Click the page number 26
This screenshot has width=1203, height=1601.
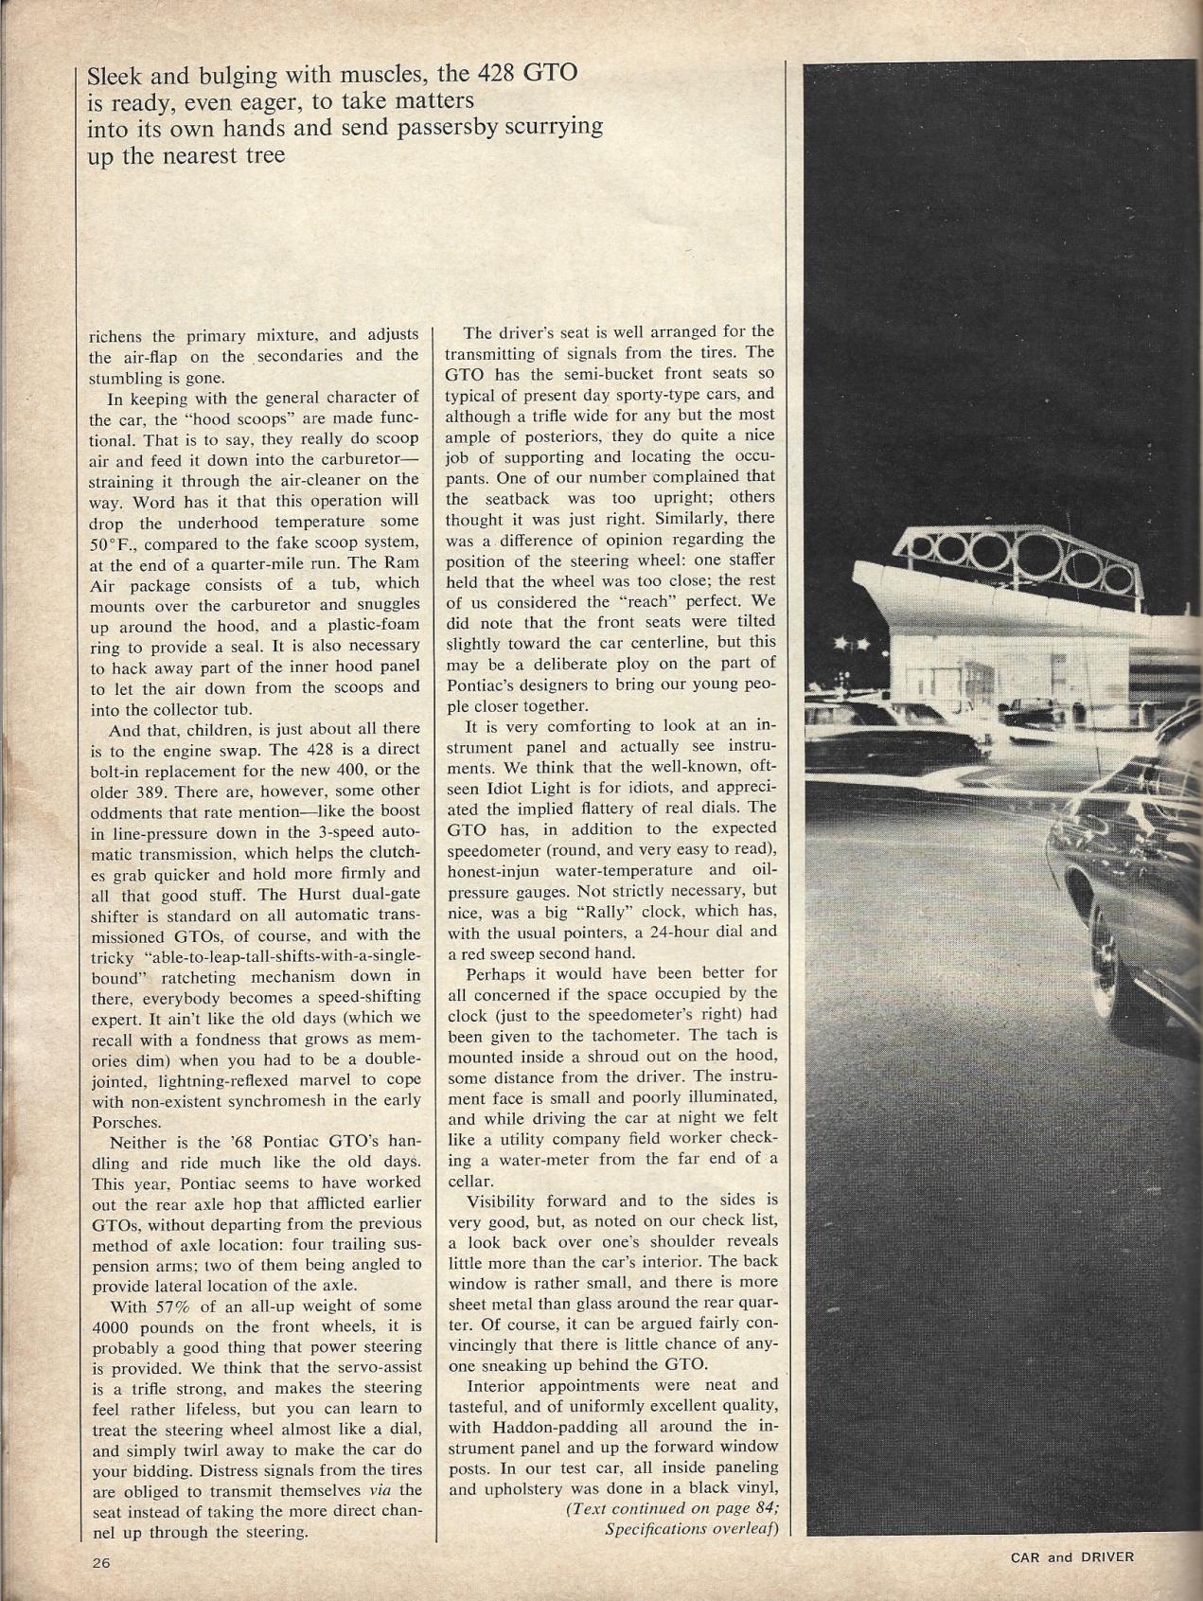(x=101, y=1563)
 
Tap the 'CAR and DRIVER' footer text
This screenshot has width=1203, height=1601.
(x=1071, y=1556)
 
